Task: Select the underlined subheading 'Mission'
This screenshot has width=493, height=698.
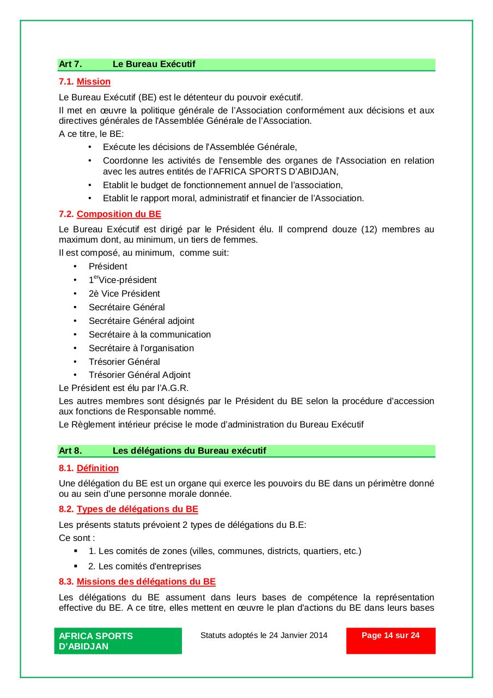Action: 93,82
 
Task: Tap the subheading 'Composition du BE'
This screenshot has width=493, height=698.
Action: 119,214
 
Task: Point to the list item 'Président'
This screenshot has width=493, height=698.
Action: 108,267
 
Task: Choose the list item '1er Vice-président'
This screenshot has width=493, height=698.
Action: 123,280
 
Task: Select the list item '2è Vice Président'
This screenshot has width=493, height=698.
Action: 124,294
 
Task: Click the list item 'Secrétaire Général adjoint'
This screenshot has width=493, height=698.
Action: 141,321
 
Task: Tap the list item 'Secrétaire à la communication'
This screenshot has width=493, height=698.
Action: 149,335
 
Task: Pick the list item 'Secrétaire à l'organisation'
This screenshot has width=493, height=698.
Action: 141,348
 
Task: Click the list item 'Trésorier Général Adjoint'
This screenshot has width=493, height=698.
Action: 139,375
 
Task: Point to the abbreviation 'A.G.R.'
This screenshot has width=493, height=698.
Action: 173,388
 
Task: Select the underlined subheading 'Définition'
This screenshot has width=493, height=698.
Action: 98,468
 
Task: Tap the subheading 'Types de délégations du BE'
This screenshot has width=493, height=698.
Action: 137,509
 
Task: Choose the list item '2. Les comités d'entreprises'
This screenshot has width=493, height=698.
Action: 144,566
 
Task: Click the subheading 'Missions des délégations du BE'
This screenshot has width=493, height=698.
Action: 146,581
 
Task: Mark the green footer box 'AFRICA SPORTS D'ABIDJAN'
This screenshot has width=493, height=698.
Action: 118,641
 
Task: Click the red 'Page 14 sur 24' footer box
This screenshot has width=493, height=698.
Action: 391,640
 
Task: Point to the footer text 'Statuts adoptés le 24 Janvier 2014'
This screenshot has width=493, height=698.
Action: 264,635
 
